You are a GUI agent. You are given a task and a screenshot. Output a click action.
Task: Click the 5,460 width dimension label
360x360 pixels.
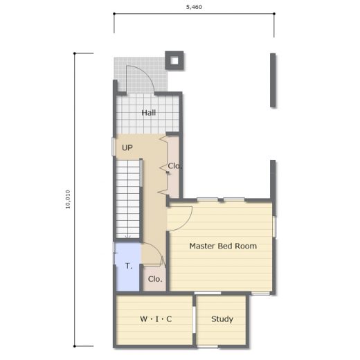194,7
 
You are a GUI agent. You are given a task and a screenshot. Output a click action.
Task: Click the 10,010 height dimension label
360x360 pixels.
68,199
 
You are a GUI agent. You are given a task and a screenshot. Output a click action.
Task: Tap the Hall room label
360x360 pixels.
149,113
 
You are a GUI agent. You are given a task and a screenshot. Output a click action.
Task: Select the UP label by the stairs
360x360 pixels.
127,147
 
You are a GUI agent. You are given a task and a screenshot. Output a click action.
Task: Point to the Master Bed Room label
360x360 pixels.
223,246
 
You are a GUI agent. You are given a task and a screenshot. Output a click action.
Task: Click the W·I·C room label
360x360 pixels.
156,319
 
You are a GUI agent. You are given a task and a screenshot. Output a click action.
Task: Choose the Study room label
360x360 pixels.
222,319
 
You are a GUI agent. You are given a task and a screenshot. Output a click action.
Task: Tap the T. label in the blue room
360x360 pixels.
129,266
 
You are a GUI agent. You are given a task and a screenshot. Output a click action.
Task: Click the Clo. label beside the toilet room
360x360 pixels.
155,279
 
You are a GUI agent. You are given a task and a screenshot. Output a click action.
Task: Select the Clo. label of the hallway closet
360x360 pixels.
174,165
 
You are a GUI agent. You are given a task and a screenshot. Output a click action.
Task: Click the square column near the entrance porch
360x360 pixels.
174,60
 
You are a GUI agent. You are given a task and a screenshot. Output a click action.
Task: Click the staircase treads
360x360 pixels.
127,199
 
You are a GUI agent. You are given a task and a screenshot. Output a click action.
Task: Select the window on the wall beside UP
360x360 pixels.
114,147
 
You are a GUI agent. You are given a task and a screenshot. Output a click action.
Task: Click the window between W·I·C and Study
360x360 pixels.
195,320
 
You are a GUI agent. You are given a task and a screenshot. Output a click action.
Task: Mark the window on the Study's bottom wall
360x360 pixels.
208,347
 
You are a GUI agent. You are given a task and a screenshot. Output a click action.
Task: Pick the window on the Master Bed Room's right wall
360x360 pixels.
274,226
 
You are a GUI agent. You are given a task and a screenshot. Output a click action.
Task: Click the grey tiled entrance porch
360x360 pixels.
141,74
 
